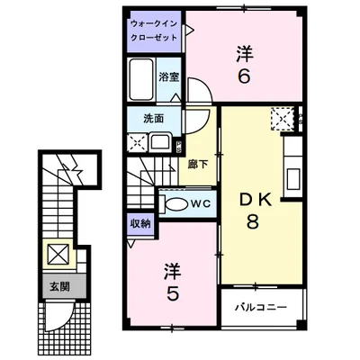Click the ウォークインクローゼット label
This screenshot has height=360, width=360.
[154, 31]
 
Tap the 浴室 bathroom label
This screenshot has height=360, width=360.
[169, 77]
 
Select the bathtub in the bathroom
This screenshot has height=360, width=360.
[141, 79]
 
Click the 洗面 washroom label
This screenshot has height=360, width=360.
[154, 119]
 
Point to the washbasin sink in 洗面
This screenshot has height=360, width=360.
[161, 141]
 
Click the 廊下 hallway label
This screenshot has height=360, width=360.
[198, 164]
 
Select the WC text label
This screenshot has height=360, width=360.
[200, 204]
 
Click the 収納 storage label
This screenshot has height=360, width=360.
[140, 224]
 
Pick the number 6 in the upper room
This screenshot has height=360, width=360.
[244, 77]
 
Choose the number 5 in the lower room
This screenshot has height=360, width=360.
[173, 293]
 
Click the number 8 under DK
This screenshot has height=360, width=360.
[253, 222]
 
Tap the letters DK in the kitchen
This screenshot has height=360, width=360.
[255, 201]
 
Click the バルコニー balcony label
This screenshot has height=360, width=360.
[261, 307]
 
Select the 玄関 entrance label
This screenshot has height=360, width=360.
[59, 287]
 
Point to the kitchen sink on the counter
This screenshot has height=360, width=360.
[293, 179]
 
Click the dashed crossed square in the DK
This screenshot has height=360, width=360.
[282, 119]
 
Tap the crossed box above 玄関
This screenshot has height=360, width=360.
[58, 254]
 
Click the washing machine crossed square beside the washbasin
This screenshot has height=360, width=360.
[137, 141]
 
